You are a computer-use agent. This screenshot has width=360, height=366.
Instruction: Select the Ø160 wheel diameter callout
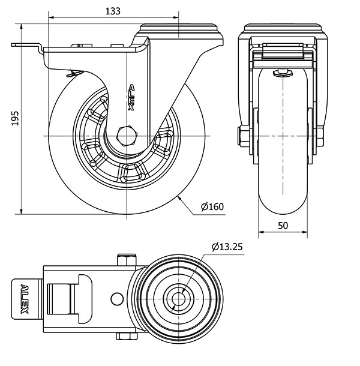coord(212,207)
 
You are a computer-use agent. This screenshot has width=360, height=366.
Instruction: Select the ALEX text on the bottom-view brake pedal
coord(25,297)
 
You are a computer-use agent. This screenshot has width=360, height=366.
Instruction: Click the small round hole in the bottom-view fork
coord(116,298)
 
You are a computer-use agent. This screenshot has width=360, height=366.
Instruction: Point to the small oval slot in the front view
coord(282,74)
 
